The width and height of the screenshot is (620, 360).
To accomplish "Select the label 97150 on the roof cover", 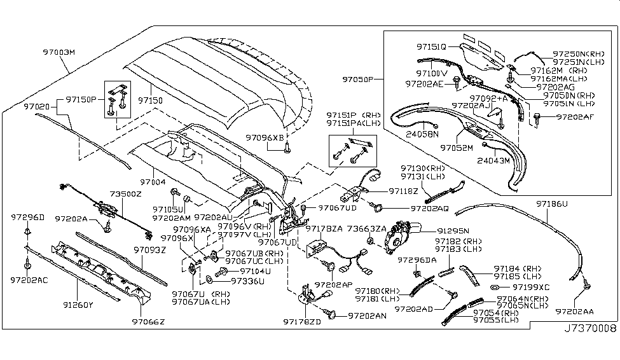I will [x=152, y=100].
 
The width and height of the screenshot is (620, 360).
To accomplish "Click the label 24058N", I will [x=422, y=134].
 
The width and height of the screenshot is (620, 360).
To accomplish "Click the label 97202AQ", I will [x=431, y=207].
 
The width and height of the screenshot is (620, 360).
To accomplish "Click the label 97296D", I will [x=28, y=218].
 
